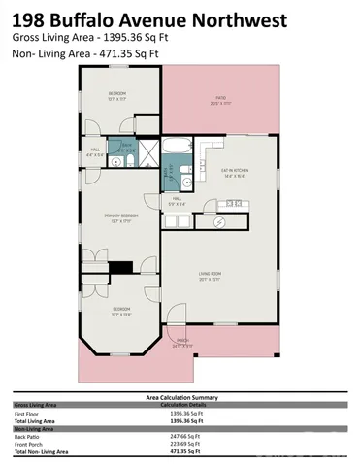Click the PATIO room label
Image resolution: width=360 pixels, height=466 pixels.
pyautogui.click(x=221, y=99)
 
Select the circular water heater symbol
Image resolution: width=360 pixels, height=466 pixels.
pyautogui.click(x=218, y=222)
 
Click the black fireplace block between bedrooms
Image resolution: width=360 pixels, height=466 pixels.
pyautogui.click(x=120, y=268)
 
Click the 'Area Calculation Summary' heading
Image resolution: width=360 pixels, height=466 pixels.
pyautogui.click(x=180, y=396)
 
